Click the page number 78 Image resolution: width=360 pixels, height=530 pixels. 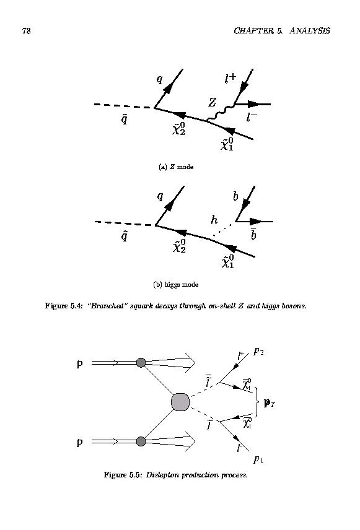(27, 31)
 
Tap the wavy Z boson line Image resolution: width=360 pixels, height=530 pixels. (220, 113)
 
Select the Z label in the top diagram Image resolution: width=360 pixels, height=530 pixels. (212, 102)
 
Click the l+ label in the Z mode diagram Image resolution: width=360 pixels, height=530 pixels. (230, 79)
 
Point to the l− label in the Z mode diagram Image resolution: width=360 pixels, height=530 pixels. (252, 117)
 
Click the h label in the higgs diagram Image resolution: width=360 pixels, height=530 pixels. (214, 220)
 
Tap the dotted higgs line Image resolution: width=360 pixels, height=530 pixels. (222, 230)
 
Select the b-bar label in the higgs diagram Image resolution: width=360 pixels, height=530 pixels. (253, 234)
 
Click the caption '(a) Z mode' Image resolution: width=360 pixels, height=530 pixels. (176, 167)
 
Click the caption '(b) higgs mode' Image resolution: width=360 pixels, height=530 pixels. (175, 285)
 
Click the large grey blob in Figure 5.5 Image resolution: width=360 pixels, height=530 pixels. (180, 402)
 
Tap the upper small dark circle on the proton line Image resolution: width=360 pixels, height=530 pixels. (141, 363)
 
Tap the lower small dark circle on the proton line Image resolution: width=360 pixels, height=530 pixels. (141, 441)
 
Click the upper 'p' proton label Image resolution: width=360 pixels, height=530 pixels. (79, 364)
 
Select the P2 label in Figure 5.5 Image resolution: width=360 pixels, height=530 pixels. (258, 352)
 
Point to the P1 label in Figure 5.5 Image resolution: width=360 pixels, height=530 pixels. (258, 459)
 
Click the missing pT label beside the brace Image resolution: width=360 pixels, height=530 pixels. (270, 403)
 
